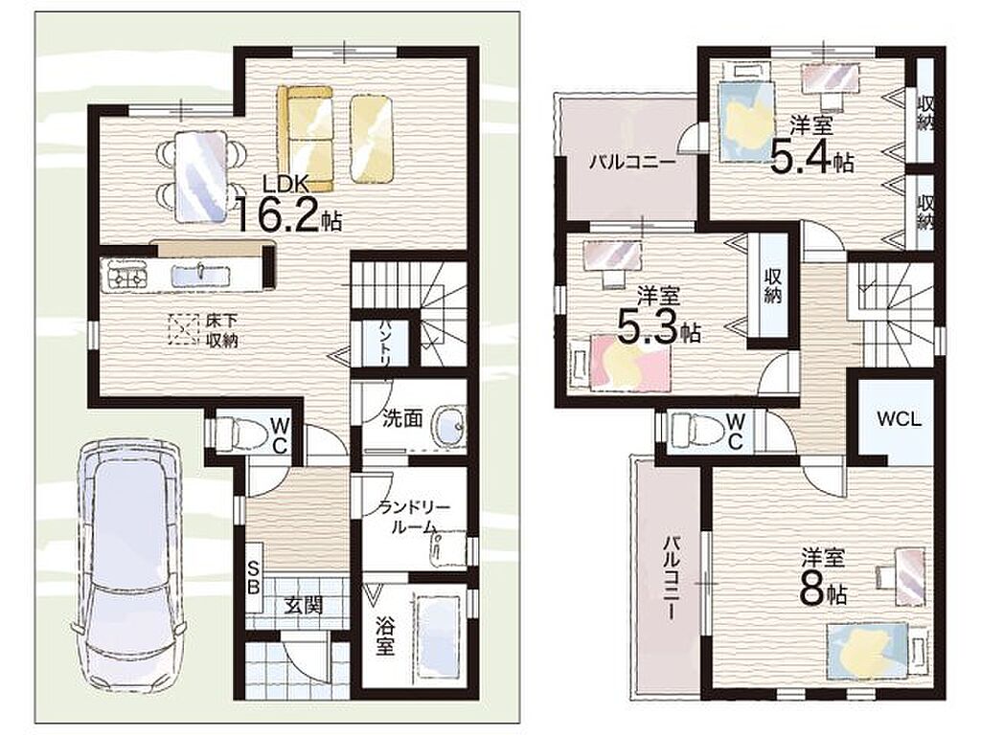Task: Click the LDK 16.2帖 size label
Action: pos(287,204)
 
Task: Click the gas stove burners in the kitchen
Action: pos(127,275)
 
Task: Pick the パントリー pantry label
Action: pos(384,344)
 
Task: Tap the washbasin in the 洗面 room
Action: pos(448,427)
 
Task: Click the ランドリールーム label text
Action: pos(408,517)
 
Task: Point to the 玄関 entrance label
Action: pos(304,605)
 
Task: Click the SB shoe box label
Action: pos(253,577)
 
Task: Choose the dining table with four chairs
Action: pos(200,176)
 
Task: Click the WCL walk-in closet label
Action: pos(899,418)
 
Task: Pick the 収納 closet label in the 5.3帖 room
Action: pos(773,286)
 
